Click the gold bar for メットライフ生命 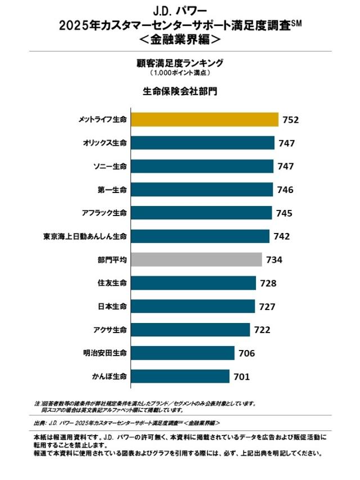coord(204,120)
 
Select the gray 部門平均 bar coord(196,259)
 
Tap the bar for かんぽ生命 coord(180,376)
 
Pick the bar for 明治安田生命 coord(183,353)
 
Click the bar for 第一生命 coord(202,190)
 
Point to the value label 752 coord(290,120)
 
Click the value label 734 coord(274,259)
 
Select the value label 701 coord(241,376)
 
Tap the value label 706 coord(246,353)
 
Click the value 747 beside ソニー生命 coord(286,167)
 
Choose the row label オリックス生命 coord(105,143)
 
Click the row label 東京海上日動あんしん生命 coord(85,236)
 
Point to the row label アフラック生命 coord(104,213)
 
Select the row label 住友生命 coord(112,283)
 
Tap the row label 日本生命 coord(112,307)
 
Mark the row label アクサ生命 coord(110,330)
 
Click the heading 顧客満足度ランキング coord(180,63)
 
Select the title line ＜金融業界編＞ coord(180,40)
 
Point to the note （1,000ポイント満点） coord(180,73)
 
